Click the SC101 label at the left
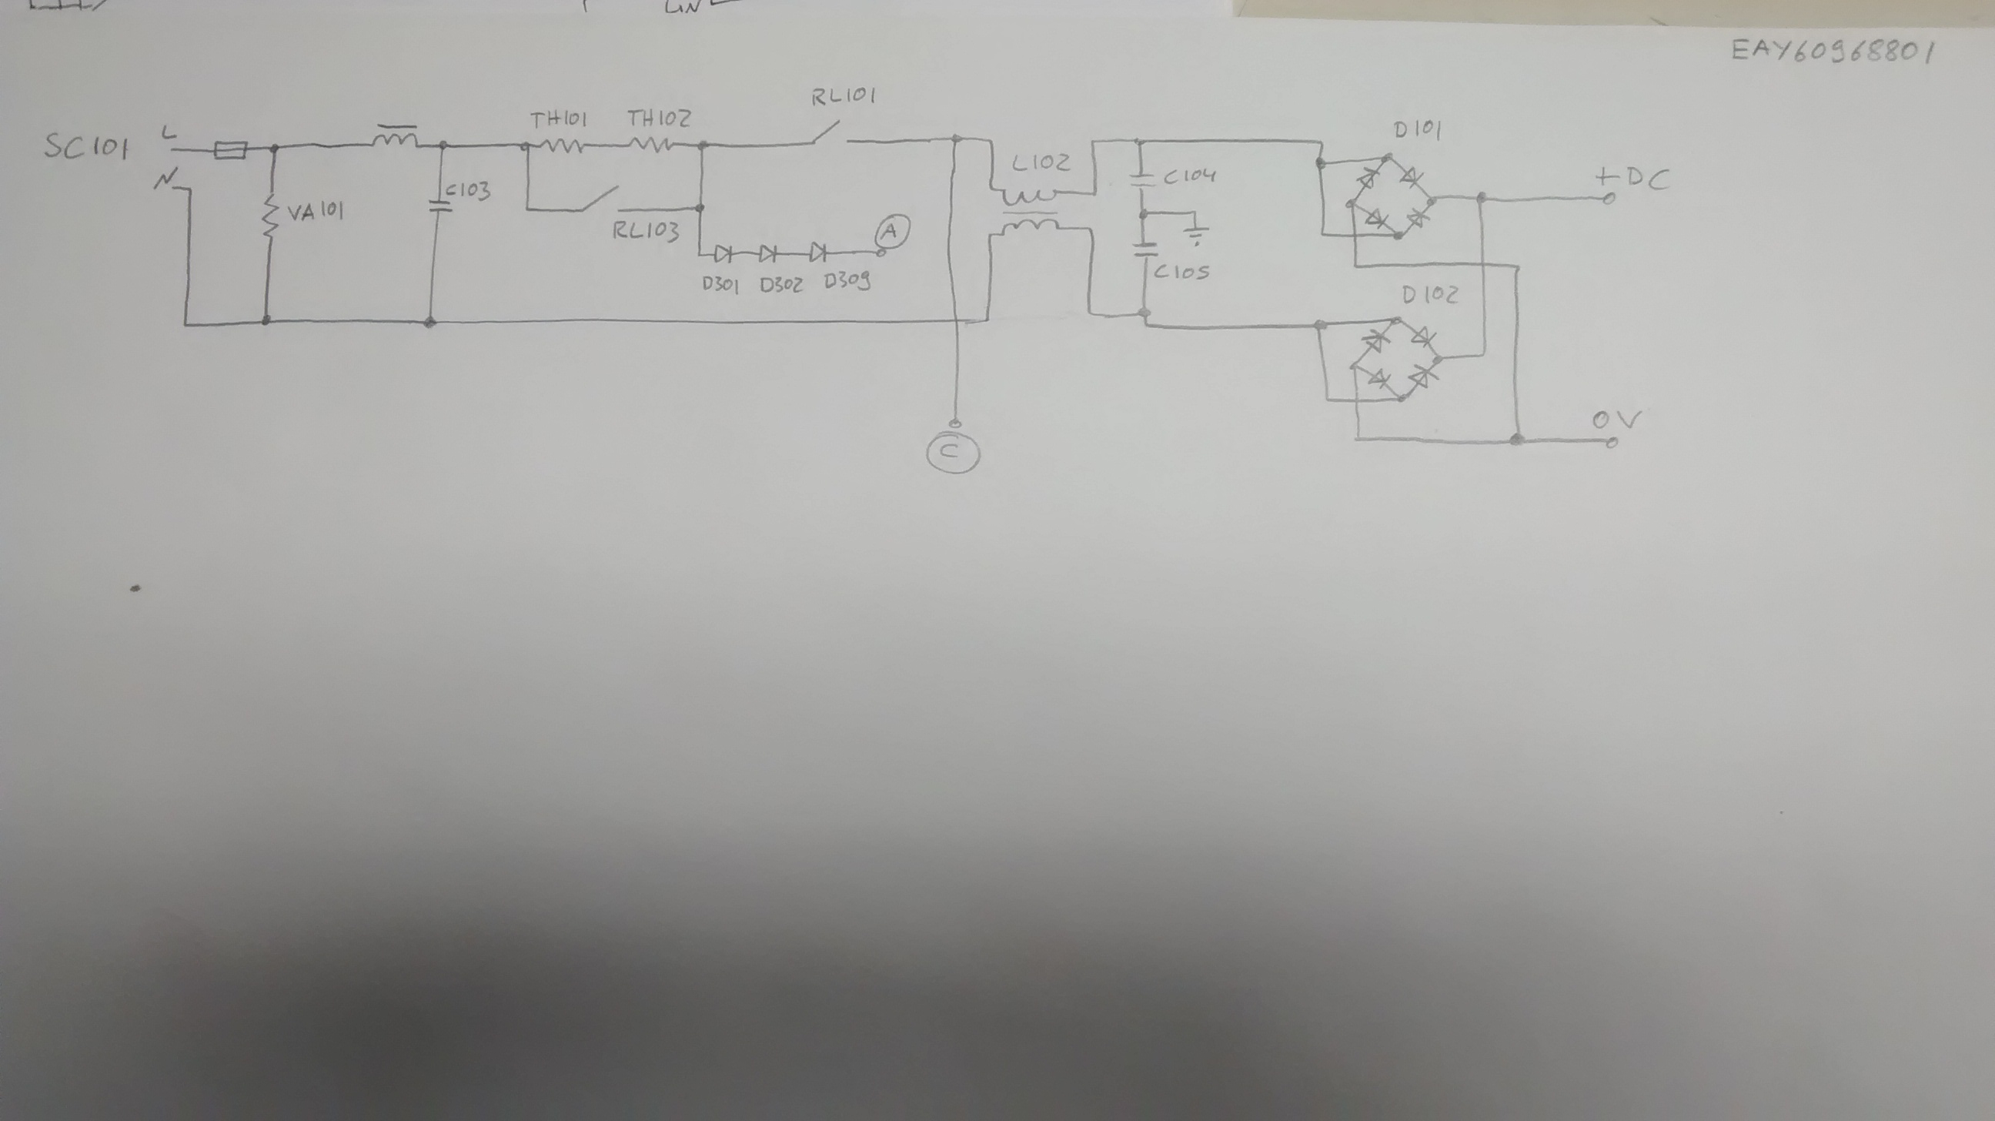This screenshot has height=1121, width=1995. [x=85, y=146]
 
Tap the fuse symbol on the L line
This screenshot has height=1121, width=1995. [x=230, y=149]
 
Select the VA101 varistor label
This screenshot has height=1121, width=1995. [x=316, y=211]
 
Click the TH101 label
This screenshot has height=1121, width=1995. [x=558, y=120]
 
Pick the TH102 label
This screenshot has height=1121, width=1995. [x=658, y=119]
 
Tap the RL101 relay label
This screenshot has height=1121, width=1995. [x=844, y=98]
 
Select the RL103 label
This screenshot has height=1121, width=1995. [x=645, y=231]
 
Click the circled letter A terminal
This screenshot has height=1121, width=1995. [x=891, y=230]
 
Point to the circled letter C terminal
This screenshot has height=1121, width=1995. [x=953, y=453]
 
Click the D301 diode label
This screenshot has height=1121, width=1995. [x=720, y=285]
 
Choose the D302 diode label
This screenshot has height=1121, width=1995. [x=780, y=285]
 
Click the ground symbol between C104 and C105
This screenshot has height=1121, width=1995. [x=1198, y=233]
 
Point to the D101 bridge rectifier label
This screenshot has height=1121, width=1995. [x=1417, y=130]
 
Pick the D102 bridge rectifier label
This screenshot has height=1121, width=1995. [x=1429, y=295]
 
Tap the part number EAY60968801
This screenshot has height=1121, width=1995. [x=1833, y=52]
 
